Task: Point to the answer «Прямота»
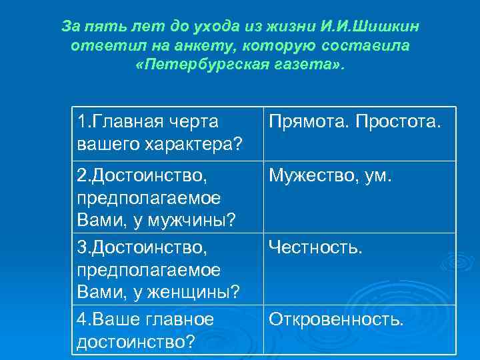pos(308,123)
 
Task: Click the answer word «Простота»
pos(398,123)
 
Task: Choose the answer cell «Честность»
pos(315,249)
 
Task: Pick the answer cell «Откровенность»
pos(336,319)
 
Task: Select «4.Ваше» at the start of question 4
pos(107,319)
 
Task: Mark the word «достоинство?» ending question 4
pos(135,341)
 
